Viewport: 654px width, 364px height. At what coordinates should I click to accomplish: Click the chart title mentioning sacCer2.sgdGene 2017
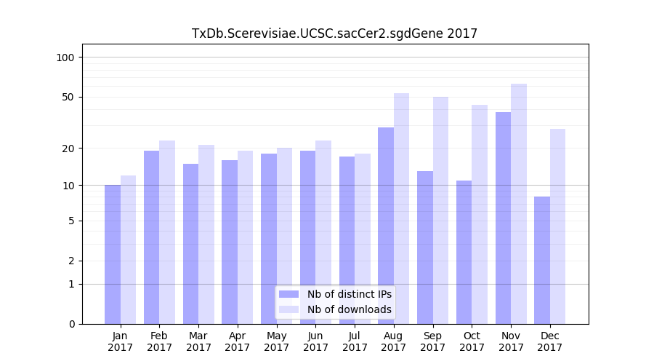point(334,33)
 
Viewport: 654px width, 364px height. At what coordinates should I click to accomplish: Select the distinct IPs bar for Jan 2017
point(113,254)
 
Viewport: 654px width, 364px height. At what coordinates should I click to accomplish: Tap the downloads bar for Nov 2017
point(519,204)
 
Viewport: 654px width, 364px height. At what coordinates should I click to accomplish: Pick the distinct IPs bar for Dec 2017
point(542,260)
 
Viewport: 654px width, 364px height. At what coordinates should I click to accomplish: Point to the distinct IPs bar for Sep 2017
point(425,248)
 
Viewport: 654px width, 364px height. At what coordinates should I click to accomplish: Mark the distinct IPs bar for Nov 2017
point(503,218)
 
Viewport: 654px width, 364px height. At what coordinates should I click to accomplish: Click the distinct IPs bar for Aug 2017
point(386,226)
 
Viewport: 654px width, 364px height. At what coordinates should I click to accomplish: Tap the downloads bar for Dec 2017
point(558,226)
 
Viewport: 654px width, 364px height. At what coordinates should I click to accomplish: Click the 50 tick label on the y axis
point(68,97)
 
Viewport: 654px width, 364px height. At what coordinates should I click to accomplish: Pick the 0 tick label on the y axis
point(71,324)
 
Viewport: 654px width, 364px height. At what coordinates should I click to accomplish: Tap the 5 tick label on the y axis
point(71,221)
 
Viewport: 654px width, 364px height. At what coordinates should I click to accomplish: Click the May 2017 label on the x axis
point(277,341)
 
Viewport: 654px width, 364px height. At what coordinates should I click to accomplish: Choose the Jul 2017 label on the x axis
point(355,341)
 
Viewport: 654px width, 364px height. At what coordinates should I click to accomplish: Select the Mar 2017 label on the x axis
point(198,341)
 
